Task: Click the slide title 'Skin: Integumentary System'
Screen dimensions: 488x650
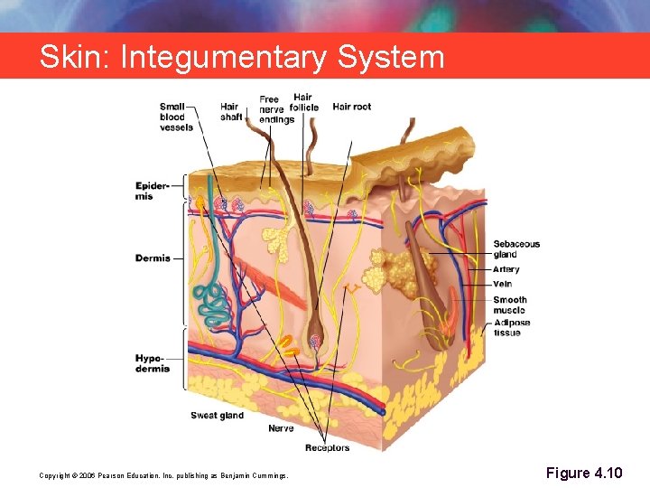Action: pyautogui.click(x=242, y=58)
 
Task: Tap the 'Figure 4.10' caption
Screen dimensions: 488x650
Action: pyautogui.click(x=584, y=474)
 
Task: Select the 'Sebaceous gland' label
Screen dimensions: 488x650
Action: pyautogui.click(x=516, y=249)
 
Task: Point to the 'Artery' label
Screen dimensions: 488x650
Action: pyautogui.click(x=506, y=270)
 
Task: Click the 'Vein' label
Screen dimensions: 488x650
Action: pyautogui.click(x=503, y=285)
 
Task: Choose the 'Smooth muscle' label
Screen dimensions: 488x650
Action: pyautogui.click(x=510, y=305)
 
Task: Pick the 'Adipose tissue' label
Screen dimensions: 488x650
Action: pyautogui.click(x=512, y=327)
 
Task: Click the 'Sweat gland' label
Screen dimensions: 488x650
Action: pyautogui.click(x=217, y=416)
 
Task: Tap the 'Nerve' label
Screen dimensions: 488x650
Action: pyautogui.click(x=281, y=428)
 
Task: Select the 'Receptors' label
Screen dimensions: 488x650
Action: pyautogui.click(x=327, y=447)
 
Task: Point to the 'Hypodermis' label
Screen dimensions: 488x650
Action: pyautogui.click(x=153, y=363)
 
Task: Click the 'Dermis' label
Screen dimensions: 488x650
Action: pyautogui.click(x=153, y=258)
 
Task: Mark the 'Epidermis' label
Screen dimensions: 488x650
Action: pyautogui.click(x=152, y=191)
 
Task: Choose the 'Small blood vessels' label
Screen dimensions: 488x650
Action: pyautogui.click(x=176, y=117)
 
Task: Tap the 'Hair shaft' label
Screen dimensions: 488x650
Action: pyautogui.click(x=231, y=112)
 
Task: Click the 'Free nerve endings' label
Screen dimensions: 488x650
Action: pyautogui.click(x=275, y=109)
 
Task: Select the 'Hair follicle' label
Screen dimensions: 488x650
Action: pyautogui.click(x=304, y=102)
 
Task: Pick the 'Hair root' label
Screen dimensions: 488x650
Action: pyautogui.click(x=352, y=107)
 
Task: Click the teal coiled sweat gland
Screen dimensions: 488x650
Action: pyautogui.click(x=215, y=304)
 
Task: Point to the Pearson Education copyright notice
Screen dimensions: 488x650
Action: pyautogui.click(x=163, y=475)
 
